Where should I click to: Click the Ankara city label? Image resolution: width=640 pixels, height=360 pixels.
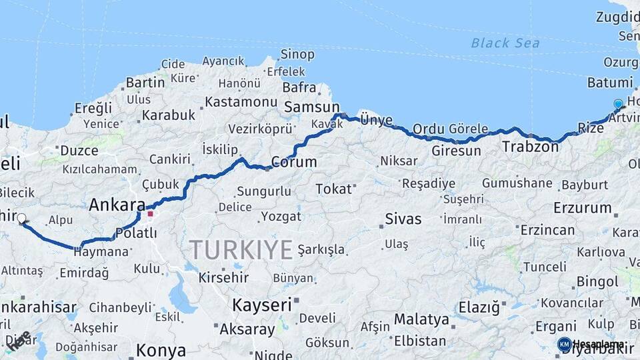pos(117,204)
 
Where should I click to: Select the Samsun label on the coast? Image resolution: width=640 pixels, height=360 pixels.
pos(311,107)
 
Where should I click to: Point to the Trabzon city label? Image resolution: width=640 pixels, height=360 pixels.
pos(530,147)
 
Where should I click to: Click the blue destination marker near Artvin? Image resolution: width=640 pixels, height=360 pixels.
pos(618,104)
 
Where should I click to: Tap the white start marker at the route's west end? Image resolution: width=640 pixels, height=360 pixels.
pos(21,218)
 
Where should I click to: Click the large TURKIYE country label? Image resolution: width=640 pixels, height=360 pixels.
pos(241,250)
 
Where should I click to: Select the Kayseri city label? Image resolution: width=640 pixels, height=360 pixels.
pos(262,305)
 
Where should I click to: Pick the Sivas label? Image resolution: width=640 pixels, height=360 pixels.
pos(403,219)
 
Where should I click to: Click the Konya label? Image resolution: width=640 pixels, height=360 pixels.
pos(161,350)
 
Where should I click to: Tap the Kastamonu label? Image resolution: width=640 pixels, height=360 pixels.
pos(241,102)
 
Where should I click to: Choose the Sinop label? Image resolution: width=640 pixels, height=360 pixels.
pos(297,54)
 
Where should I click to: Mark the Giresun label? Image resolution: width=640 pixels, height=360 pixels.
pos(456,151)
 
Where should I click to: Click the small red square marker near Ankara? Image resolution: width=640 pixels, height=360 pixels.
pos(151,214)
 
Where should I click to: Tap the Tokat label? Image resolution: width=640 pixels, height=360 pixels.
pos(333,189)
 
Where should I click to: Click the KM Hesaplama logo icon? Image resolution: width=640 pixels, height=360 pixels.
pos(564,344)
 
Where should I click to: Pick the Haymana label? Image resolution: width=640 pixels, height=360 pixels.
pos(101,252)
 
